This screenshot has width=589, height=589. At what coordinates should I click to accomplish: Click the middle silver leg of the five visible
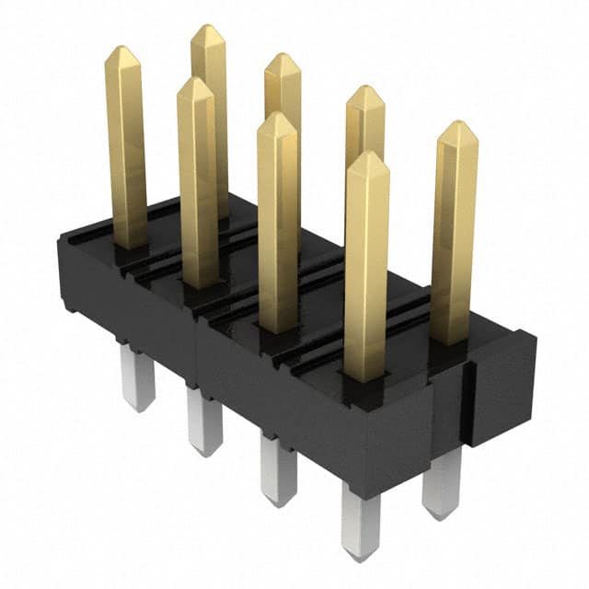(x=278, y=468)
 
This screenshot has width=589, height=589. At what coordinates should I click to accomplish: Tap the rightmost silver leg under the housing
(x=443, y=482)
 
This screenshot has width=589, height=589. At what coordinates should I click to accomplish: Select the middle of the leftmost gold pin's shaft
(x=126, y=147)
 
